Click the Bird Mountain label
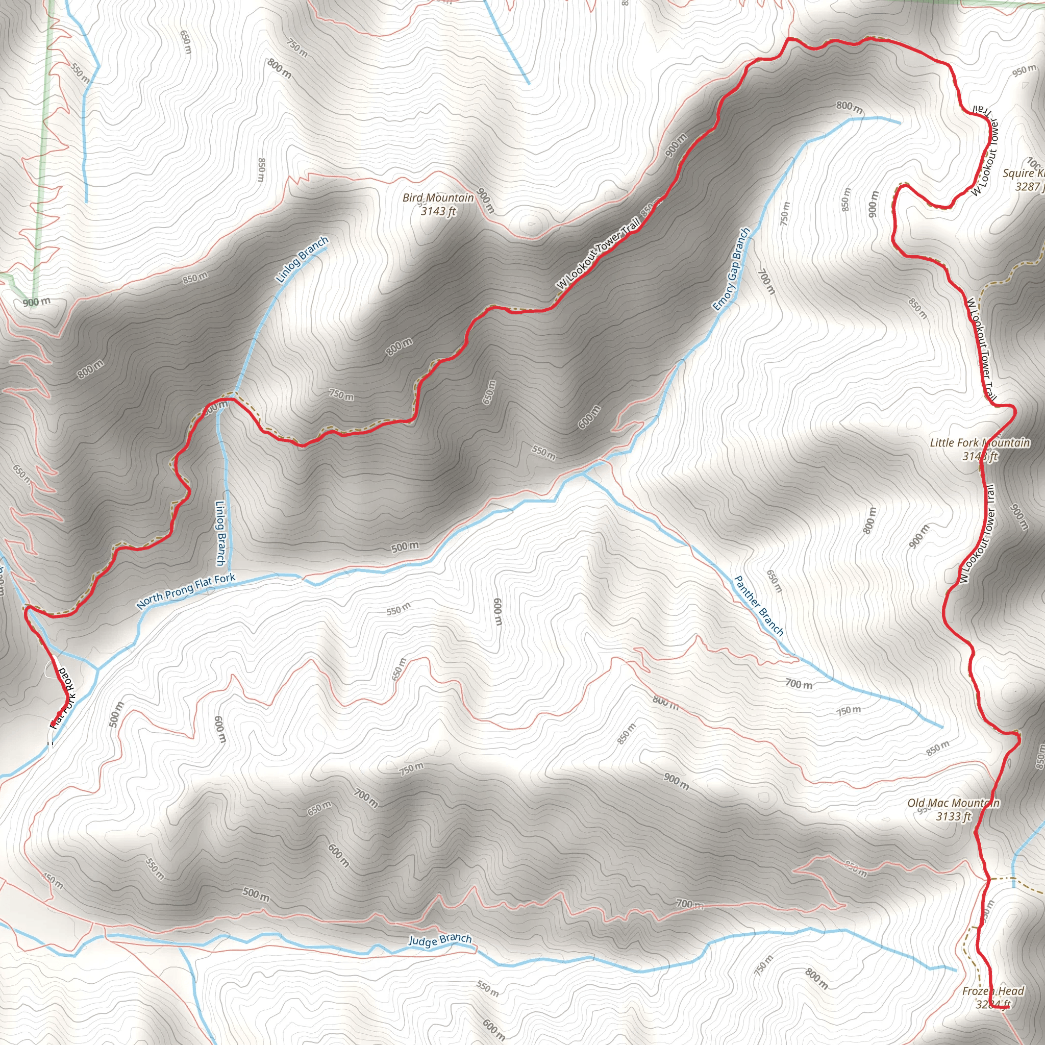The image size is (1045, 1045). tap(438, 198)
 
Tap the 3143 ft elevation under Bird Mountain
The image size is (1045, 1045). tap(438, 211)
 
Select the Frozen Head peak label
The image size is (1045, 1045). tap(993, 991)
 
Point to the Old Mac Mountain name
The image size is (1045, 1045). tap(953, 803)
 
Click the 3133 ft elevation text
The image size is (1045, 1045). tap(954, 816)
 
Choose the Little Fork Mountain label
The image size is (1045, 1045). tap(980, 442)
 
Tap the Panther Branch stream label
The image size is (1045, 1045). tap(758, 605)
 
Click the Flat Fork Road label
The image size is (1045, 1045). tap(63, 698)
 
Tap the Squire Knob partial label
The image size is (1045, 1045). tap(1024, 173)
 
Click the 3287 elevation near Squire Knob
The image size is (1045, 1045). tap(1029, 187)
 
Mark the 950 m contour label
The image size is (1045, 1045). tap(1025, 71)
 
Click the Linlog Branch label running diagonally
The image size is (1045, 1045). tap(302, 260)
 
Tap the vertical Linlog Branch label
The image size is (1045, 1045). tap(220, 533)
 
